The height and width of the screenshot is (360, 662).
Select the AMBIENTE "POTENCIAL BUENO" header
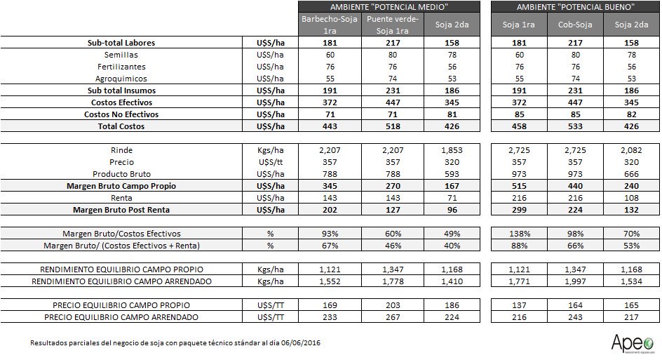click(x=575, y=6)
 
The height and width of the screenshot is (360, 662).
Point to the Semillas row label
click(x=121, y=55)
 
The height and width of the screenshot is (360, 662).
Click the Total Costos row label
click(x=121, y=126)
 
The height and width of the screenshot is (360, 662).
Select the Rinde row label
click(x=121, y=150)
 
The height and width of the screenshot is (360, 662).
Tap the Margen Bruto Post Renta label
click(x=121, y=210)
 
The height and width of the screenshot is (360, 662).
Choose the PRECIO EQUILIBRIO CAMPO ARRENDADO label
click(x=121, y=317)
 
